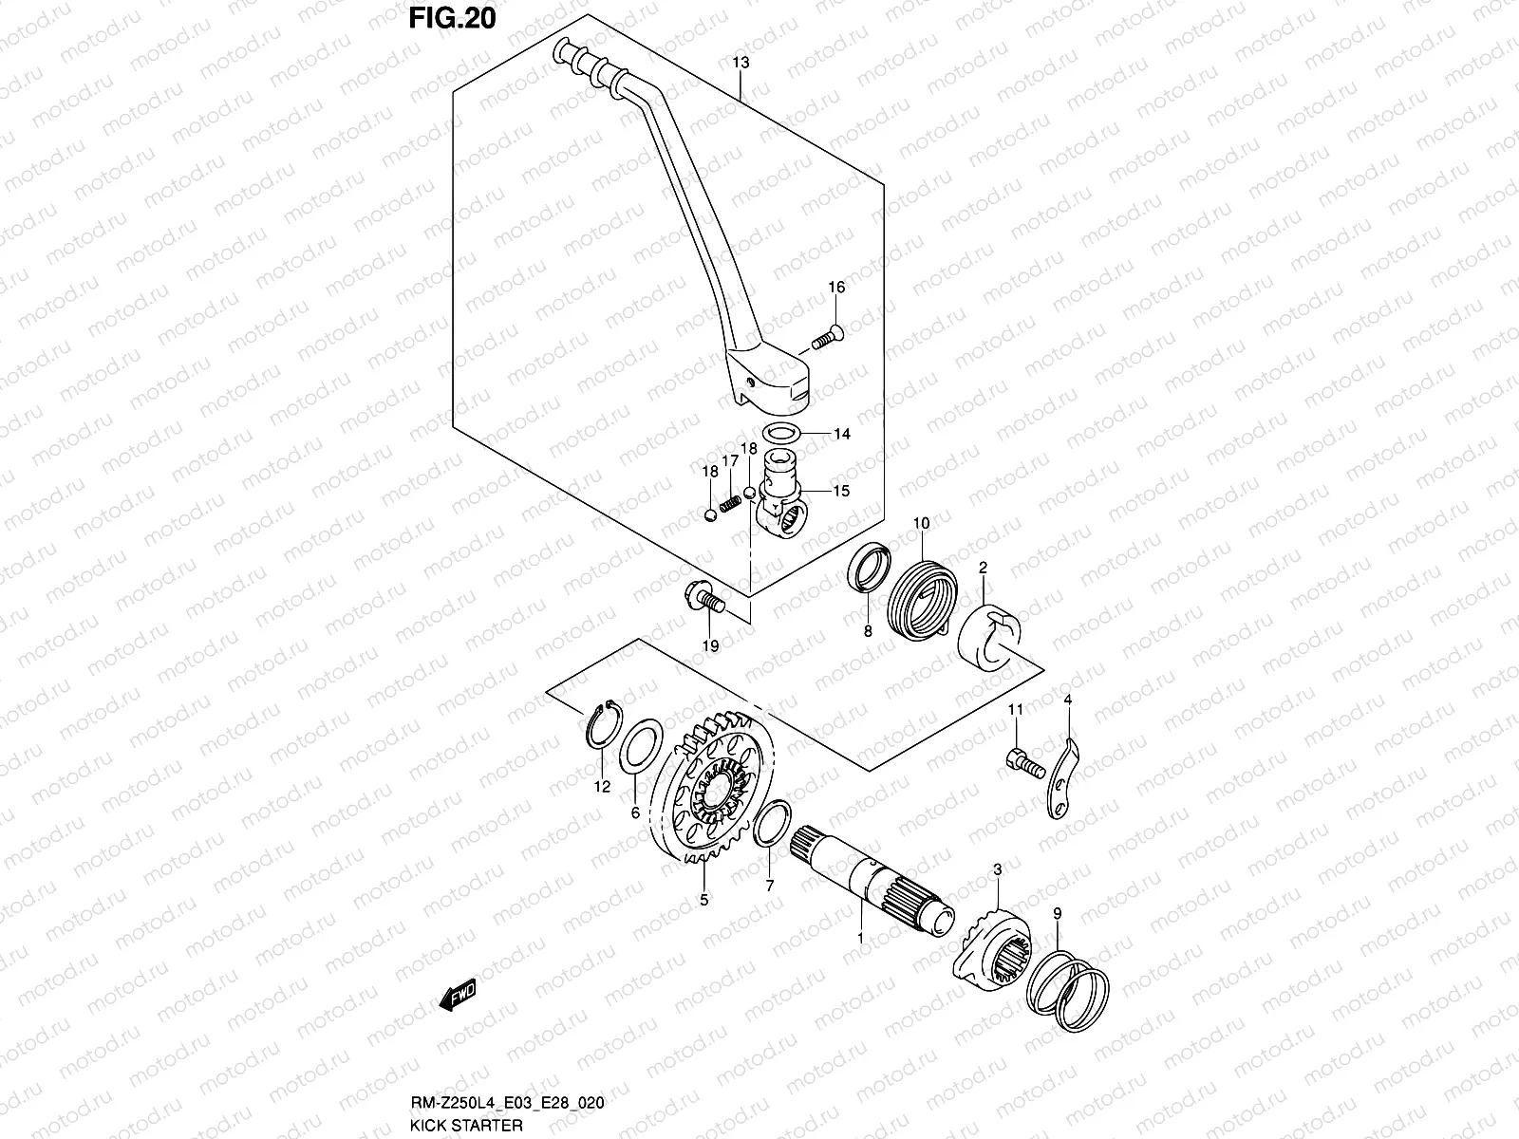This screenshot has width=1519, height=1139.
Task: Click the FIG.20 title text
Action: [452, 18]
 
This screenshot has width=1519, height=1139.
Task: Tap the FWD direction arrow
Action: [458, 995]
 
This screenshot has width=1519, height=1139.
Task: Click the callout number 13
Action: [741, 63]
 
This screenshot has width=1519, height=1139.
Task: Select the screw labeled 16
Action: [827, 338]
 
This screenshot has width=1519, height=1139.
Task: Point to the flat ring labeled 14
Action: [781, 434]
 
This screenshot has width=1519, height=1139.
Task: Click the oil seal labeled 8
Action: [870, 568]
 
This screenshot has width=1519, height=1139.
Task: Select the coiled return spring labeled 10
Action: [923, 599]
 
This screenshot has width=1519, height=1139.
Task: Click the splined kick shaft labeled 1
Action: [872, 883]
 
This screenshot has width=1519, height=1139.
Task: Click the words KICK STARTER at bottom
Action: [466, 1125]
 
